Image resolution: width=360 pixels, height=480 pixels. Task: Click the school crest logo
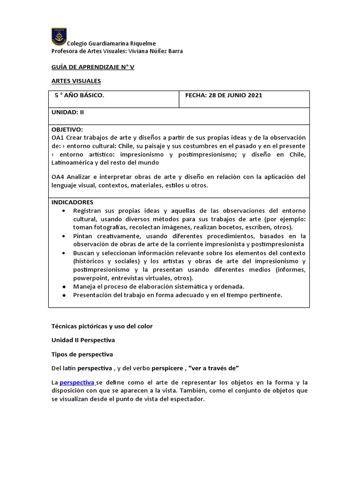click(59, 36)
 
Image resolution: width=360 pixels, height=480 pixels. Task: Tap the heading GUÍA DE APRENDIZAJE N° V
click(93, 67)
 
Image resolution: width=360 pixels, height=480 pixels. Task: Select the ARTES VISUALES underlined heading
click(76, 81)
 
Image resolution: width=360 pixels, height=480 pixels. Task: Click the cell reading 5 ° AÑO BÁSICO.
click(80, 95)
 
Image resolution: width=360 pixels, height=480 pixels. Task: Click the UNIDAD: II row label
click(68, 112)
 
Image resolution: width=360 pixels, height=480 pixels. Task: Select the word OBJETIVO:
click(67, 129)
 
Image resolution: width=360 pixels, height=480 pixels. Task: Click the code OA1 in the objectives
click(58, 137)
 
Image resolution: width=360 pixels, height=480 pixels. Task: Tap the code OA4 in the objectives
click(58, 177)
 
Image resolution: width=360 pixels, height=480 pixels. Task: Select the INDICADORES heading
click(72, 202)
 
